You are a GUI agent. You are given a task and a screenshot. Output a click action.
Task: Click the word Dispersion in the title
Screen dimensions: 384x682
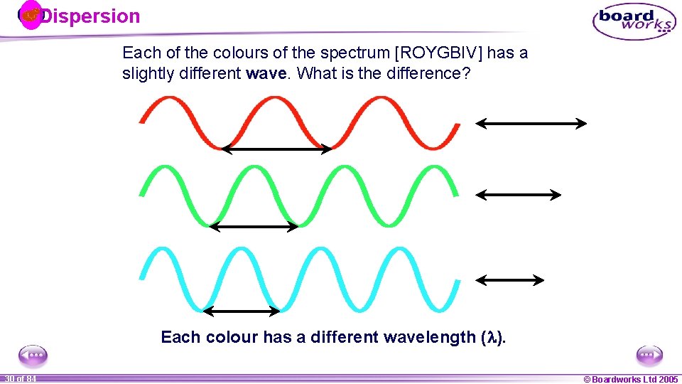[x=90, y=16]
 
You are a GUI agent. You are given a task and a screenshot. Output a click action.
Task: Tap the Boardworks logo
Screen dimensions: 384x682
[x=634, y=21]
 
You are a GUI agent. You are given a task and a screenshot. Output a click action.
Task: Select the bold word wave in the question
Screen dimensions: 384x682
[x=267, y=73]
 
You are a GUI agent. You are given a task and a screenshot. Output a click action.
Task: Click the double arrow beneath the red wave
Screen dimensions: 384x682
[x=276, y=149]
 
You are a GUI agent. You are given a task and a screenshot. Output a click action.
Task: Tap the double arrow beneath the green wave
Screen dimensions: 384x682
[x=254, y=227]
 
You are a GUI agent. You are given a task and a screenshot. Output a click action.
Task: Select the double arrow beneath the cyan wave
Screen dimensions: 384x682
[x=242, y=311]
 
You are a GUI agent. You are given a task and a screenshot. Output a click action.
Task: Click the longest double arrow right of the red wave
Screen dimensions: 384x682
[x=531, y=124]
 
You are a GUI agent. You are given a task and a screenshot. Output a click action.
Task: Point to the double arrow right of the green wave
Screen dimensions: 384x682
[x=519, y=194]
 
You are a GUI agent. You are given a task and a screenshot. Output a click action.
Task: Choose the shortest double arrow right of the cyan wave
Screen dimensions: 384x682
[x=510, y=280]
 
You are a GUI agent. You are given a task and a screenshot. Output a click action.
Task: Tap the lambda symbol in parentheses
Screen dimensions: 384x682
[x=492, y=338]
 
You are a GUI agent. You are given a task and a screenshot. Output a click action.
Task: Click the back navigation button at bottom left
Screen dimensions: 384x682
[x=33, y=354]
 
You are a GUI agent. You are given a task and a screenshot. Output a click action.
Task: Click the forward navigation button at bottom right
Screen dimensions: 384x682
[x=649, y=354]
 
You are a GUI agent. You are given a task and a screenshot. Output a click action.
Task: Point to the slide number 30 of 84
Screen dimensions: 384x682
[x=20, y=379]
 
